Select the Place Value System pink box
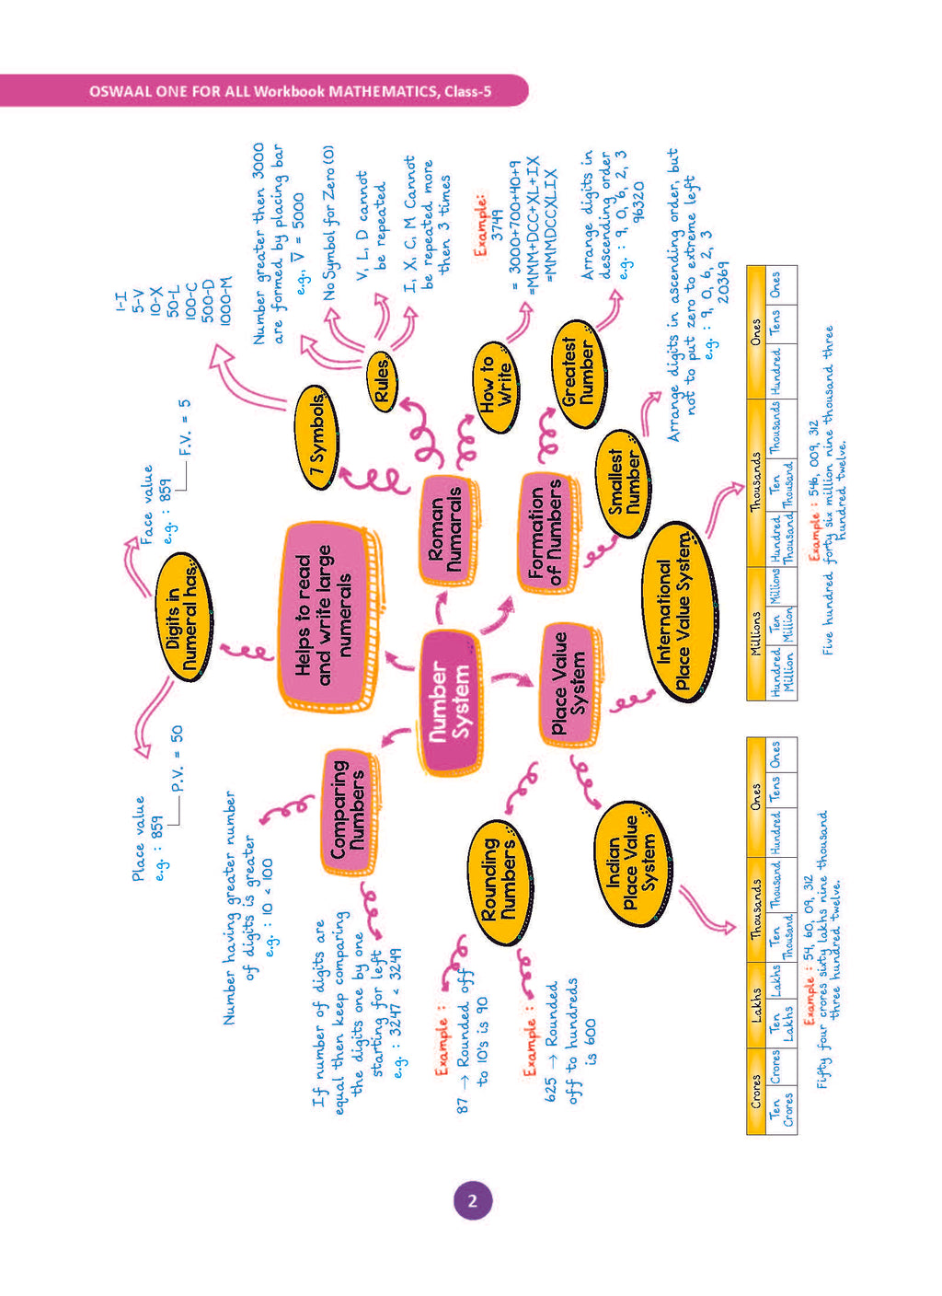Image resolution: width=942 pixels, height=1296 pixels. click(569, 684)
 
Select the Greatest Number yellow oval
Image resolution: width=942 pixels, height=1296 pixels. click(580, 374)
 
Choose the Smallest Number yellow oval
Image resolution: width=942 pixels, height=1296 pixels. click(625, 481)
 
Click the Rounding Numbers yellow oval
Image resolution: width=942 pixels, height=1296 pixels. click(498, 881)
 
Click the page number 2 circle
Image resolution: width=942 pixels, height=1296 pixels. click(472, 1200)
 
